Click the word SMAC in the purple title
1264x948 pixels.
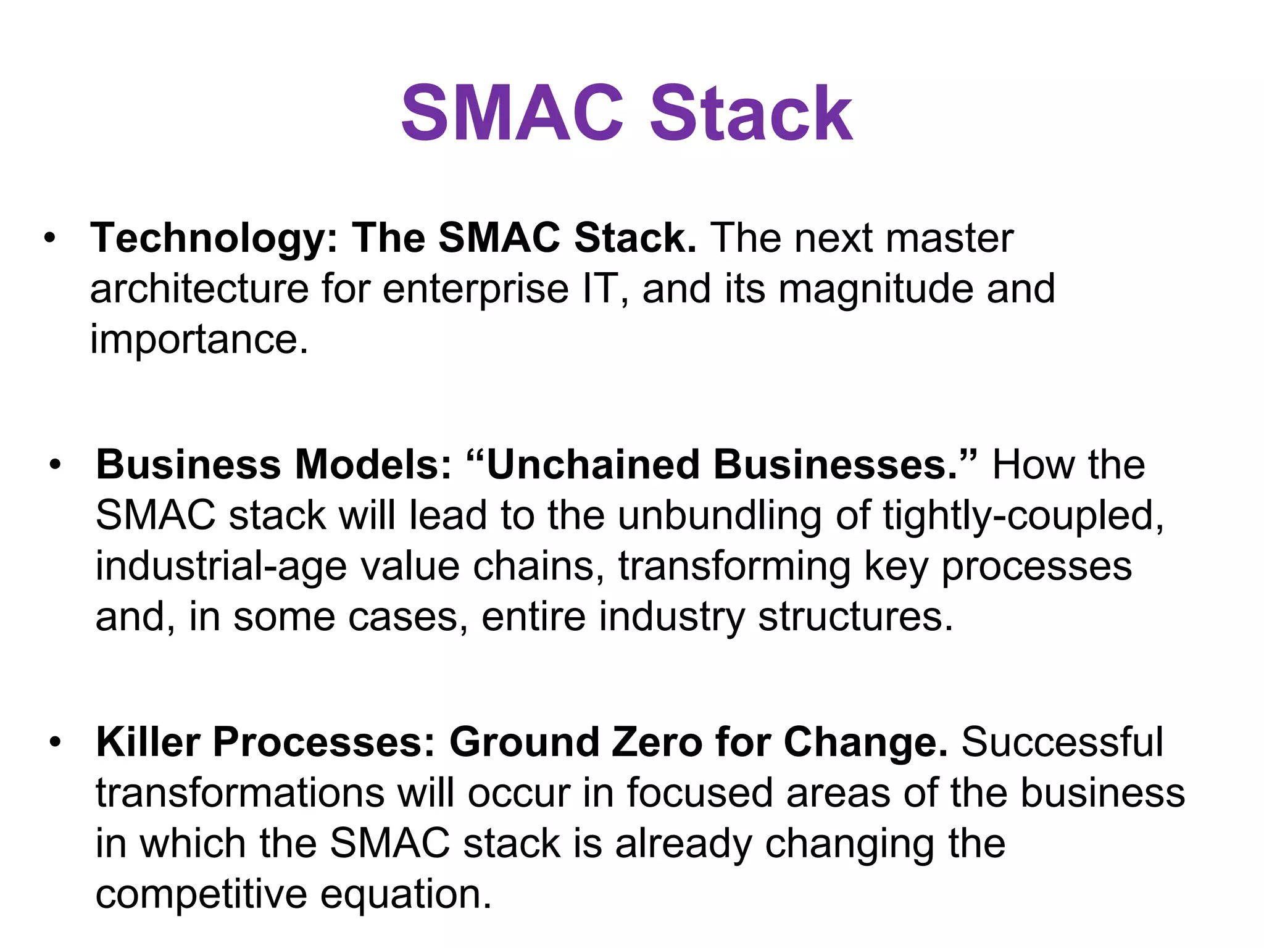click(x=512, y=114)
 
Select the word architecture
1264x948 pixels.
click(x=199, y=289)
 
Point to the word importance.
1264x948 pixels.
click(x=199, y=339)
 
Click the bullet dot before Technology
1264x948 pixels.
click(x=50, y=238)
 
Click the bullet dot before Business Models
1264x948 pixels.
click(x=56, y=465)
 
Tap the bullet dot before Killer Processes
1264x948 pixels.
click(x=56, y=742)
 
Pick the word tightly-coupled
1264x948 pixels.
click(x=1023, y=517)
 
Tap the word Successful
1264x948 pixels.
click(x=1062, y=742)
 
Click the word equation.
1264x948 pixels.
click(x=405, y=896)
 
